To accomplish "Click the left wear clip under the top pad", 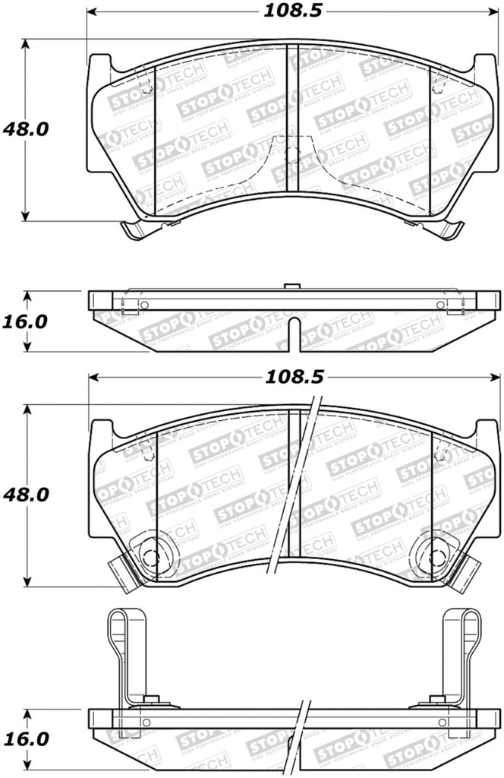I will coord(134,227).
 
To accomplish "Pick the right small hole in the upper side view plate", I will coord(440,305).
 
